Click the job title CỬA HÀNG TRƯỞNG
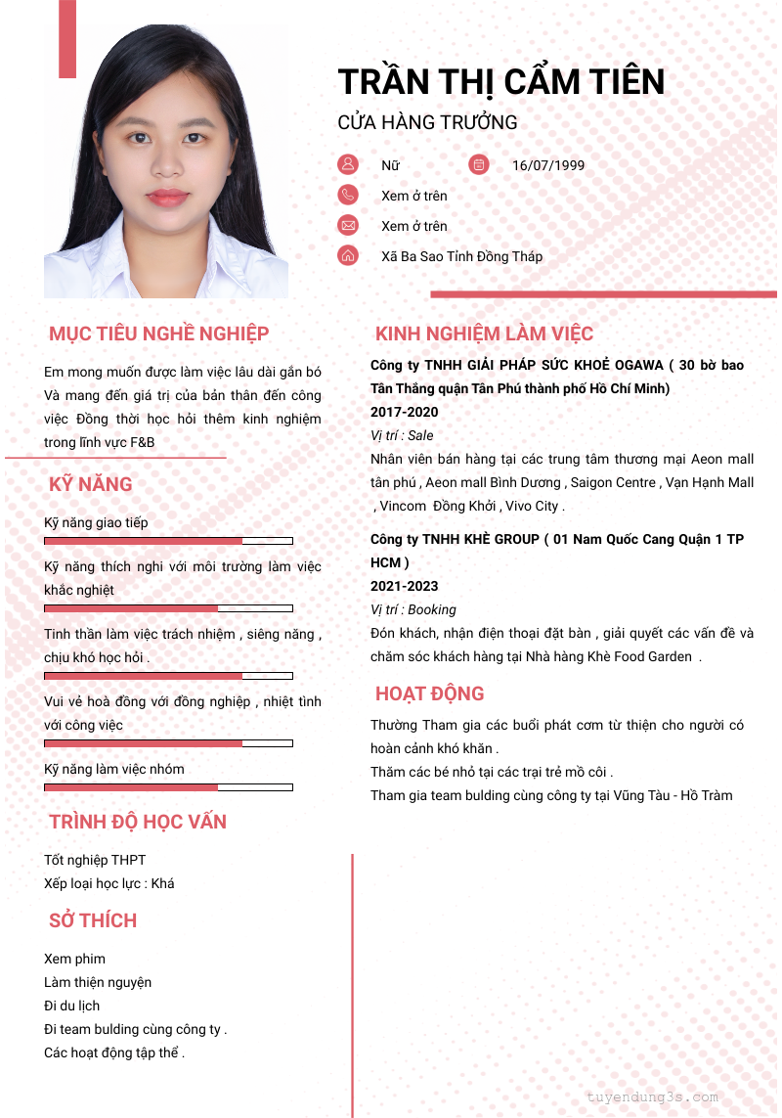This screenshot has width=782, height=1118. (x=427, y=122)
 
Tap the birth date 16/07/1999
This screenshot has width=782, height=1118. (x=548, y=165)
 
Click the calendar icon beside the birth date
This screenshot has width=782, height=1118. (x=479, y=164)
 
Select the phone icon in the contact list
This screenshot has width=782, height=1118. (x=348, y=195)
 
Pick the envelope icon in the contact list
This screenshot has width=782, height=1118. (x=348, y=225)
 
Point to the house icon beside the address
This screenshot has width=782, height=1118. (x=348, y=255)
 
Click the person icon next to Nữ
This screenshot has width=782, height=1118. (x=348, y=164)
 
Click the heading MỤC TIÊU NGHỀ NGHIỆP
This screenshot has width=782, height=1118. (x=158, y=334)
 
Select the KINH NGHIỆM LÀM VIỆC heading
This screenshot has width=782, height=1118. (x=484, y=334)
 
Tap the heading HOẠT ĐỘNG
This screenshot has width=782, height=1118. (x=429, y=693)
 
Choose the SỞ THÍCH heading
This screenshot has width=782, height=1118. (x=93, y=920)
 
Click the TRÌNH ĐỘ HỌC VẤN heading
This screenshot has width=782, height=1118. (x=138, y=822)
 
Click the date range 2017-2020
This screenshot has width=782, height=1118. (x=405, y=412)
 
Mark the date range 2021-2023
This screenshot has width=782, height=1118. (x=405, y=586)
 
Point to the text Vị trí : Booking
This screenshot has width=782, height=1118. (x=413, y=609)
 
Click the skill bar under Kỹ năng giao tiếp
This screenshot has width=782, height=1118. (x=168, y=541)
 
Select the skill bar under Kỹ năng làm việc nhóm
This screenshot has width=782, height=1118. (x=168, y=787)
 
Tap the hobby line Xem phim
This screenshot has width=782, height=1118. (x=75, y=959)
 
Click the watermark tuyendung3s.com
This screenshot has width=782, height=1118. (x=652, y=1097)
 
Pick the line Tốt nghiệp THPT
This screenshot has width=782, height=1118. (x=95, y=860)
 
